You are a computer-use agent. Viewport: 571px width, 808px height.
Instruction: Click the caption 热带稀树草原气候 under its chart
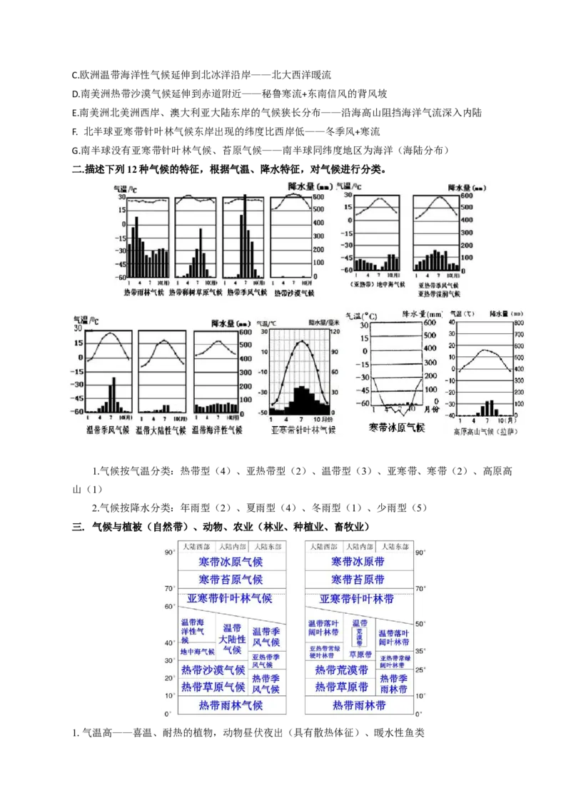pyautogui.click(x=196, y=293)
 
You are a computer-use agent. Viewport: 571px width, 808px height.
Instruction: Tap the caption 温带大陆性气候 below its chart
pyautogui.click(x=161, y=430)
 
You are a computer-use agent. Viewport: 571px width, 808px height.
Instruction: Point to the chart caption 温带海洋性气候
pyautogui.click(x=217, y=430)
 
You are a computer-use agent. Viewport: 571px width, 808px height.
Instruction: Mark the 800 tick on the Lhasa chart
pyautogui.click(x=519, y=323)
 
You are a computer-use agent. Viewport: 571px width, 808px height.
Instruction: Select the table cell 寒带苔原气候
pyautogui.click(x=231, y=580)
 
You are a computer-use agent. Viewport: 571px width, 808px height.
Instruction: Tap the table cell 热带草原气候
pyautogui.click(x=213, y=687)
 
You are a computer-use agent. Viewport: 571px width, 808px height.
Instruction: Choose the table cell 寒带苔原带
pyautogui.click(x=358, y=580)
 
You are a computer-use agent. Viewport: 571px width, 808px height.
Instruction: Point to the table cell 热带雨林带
pyautogui.click(x=359, y=705)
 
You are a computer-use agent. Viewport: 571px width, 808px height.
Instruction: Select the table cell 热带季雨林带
pyautogui.click(x=394, y=684)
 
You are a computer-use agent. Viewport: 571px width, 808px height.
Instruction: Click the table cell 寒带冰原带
pyautogui.click(x=358, y=562)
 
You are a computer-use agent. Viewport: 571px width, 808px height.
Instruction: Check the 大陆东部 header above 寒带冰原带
pyautogui.click(x=394, y=546)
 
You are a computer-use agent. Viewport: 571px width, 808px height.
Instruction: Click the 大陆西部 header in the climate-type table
pyautogui.click(x=196, y=546)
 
